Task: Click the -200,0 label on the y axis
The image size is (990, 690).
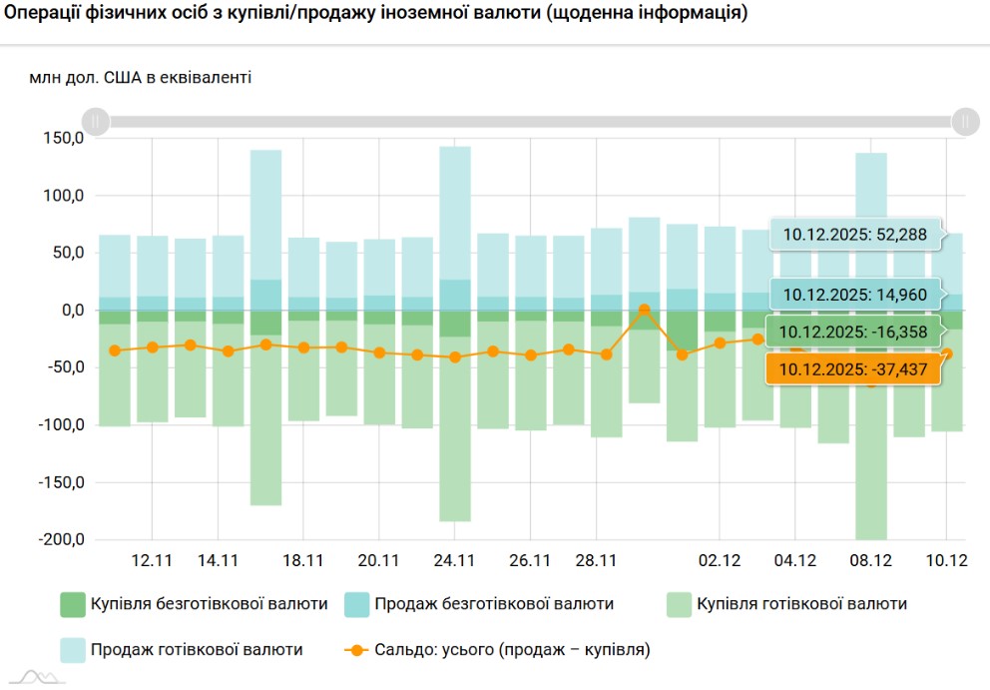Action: [x=61, y=540]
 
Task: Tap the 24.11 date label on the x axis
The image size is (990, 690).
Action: [x=454, y=560]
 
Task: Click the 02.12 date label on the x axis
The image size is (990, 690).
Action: [x=719, y=560]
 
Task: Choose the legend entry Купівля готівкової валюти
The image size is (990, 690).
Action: [x=801, y=604]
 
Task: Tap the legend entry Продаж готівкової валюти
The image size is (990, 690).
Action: [x=197, y=650]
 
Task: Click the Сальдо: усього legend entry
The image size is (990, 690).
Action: [x=512, y=650]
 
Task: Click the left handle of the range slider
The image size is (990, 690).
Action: [x=95, y=122]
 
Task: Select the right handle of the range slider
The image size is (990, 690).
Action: [x=964, y=122]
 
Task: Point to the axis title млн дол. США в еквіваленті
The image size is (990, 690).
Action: [x=140, y=77]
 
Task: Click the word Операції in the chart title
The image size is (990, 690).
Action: [x=44, y=15]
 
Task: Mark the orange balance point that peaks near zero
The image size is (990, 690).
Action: [x=644, y=310]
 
